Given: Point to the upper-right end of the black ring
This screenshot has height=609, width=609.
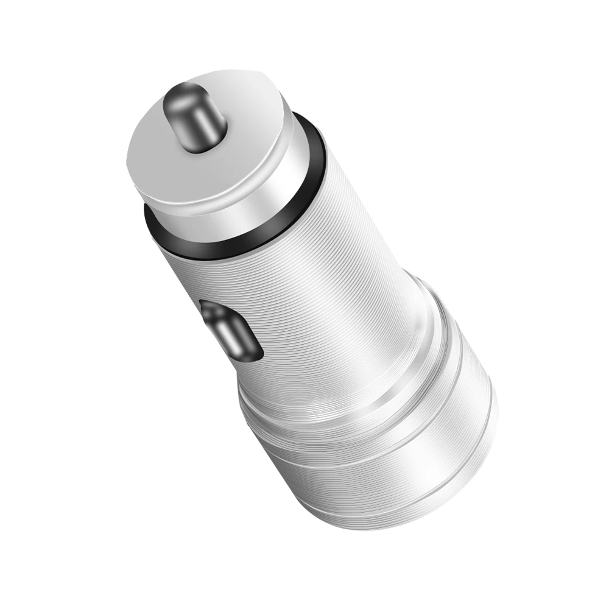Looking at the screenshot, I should (x=317, y=128).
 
